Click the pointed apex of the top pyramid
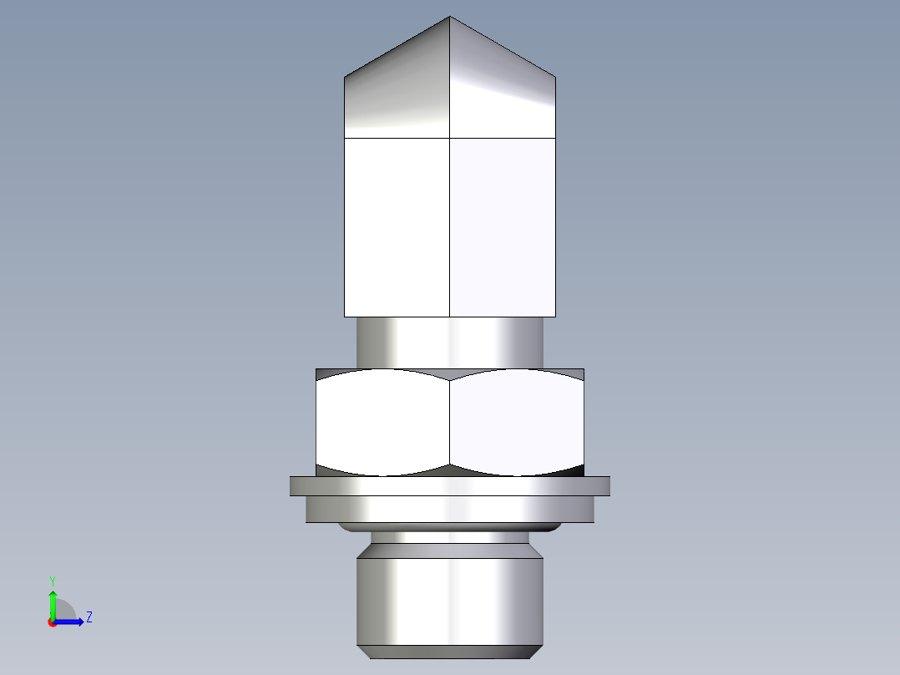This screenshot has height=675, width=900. pyautogui.click(x=450, y=18)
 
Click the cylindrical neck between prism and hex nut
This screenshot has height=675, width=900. pyautogui.click(x=450, y=343)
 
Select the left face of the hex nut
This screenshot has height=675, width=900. pyautogui.click(x=382, y=422)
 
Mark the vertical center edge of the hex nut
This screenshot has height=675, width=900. pyautogui.click(x=450, y=422)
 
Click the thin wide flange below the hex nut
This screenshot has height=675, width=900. pyautogui.click(x=450, y=486)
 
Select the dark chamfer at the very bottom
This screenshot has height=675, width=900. pyautogui.click(x=450, y=652)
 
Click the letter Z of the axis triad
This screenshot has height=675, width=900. pyautogui.click(x=88, y=617)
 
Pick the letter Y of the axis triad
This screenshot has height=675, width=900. pyautogui.click(x=53, y=580)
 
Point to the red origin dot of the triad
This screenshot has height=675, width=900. pyautogui.click(x=53, y=622)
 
